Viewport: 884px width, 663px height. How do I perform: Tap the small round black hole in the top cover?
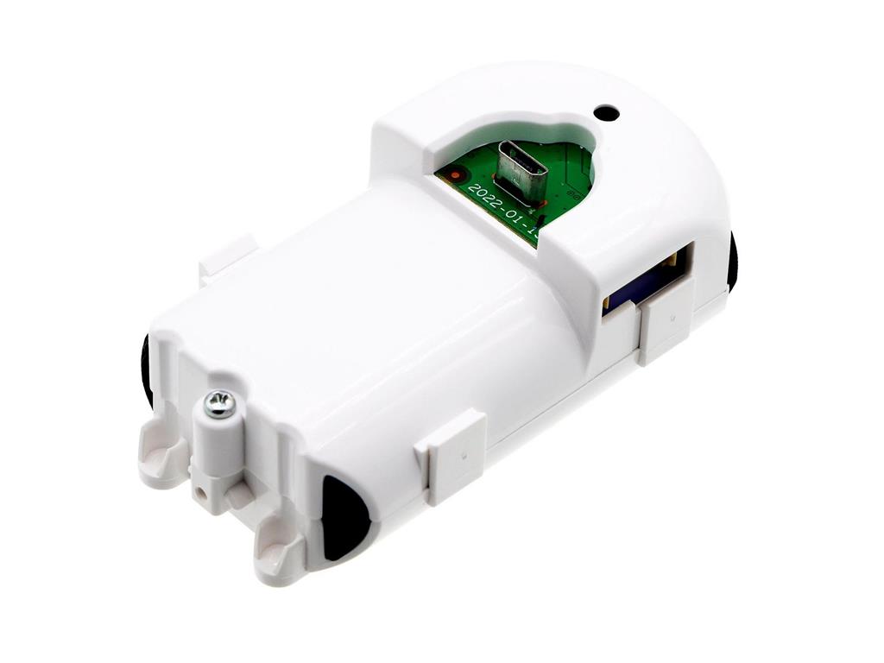click(x=607, y=112)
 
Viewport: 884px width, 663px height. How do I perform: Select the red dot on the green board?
click(x=451, y=175)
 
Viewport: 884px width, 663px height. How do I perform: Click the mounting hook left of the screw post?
click(x=162, y=453)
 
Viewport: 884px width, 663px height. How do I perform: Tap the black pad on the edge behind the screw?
click(x=146, y=371)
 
